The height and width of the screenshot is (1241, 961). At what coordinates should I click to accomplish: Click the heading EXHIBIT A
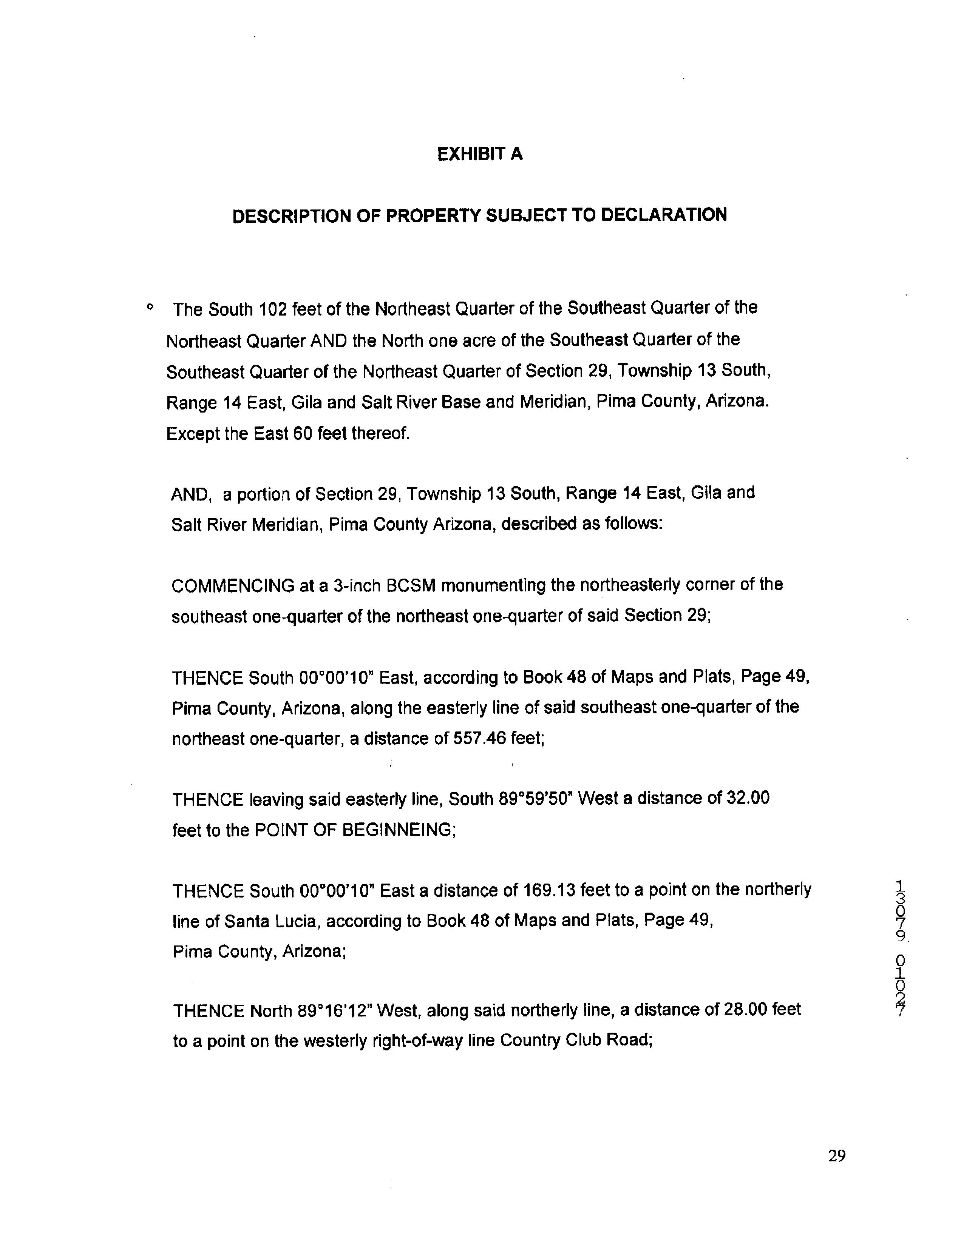click(479, 154)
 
